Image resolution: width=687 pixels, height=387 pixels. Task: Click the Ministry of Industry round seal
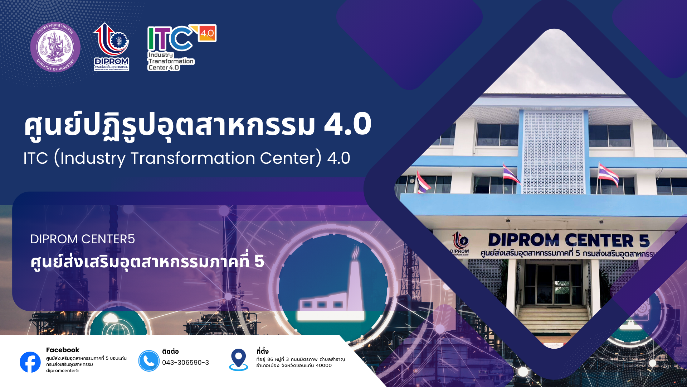click(55, 47)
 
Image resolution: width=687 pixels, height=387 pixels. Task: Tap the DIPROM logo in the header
click(112, 47)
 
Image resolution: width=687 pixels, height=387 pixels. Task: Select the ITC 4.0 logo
click(182, 48)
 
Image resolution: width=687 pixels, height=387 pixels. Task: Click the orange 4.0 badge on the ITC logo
click(207, 33)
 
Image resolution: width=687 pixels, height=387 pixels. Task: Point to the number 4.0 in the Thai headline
click(348, 124)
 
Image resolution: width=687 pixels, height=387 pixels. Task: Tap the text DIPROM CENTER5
click(83, 239)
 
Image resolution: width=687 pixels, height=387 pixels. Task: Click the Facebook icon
click(30, 362)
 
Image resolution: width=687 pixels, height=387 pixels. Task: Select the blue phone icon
click(149, 361)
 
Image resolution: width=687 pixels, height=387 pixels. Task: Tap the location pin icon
click(238, 359)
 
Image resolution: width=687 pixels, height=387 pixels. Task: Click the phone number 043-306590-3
click(185, 363)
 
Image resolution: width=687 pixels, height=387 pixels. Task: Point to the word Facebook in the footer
click(63, 350)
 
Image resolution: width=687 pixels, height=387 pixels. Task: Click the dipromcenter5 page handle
click(62, 371)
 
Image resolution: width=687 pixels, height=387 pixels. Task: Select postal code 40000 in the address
click(324, 365)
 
